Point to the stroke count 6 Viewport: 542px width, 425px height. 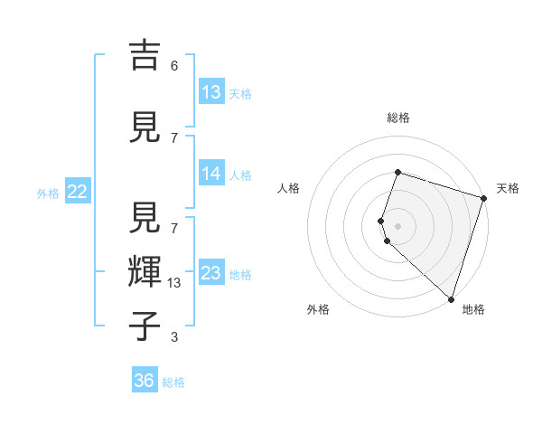tap(174, 66)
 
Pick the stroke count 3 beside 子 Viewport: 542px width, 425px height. tap(174, 337)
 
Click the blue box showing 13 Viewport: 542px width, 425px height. tap(211, 91)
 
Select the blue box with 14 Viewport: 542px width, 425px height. tap(211, 174)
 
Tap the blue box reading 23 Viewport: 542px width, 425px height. tap(211, 273)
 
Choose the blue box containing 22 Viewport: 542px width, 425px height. tap(78, 192)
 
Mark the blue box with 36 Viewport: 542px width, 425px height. tap(145, 381)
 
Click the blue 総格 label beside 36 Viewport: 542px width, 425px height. tap(173, 382)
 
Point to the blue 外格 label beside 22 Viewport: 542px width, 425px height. tap(48, 193)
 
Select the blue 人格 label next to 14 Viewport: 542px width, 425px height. tap(240, 175)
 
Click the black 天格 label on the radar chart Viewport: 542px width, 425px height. tap(508, 188)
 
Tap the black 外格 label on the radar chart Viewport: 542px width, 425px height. tap(318, 309)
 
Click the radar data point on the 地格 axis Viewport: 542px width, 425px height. tap(451, 298)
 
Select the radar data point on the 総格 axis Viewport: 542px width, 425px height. tap(397, 172)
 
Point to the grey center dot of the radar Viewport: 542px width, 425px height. tap(397, 225)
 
